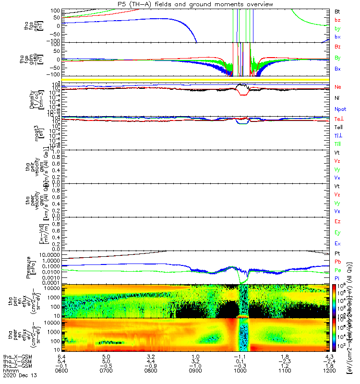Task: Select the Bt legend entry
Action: click(x=337, y=11)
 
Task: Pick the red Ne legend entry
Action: click(x=338, y=87)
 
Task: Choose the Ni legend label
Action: click(x=337, y=98)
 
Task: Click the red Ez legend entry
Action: click(x=338, y=222)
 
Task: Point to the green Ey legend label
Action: click(x=338, y=233)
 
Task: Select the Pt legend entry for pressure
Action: click(x=337, y=253)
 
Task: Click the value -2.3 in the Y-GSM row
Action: click(x=284, y=361)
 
